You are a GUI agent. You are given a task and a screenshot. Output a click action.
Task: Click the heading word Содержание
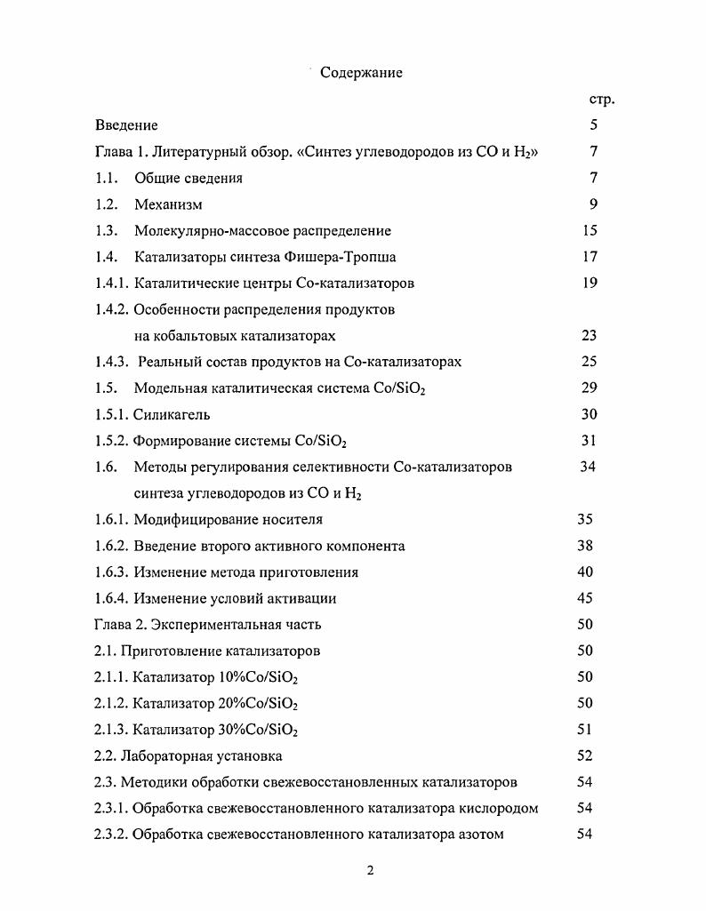361,73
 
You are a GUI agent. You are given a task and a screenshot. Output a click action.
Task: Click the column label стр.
601,100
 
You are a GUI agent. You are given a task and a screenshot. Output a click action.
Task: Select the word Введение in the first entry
126,126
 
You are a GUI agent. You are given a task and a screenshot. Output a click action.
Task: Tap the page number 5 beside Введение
593,126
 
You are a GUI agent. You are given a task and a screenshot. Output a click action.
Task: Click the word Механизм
168,204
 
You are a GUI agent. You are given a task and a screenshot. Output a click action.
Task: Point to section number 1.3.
107,231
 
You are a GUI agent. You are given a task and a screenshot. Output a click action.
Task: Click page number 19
590,284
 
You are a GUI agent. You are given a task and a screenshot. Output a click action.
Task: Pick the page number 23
590,336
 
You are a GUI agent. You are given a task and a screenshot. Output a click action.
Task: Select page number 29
590,388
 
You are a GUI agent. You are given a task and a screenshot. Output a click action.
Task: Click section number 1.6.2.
112,546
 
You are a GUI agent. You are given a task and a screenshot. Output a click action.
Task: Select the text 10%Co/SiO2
258,677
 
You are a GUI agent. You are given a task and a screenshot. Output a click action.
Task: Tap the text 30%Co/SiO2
258,730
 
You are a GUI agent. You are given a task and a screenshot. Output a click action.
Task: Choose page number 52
585,756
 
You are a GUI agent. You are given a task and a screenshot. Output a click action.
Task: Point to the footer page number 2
370,870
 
